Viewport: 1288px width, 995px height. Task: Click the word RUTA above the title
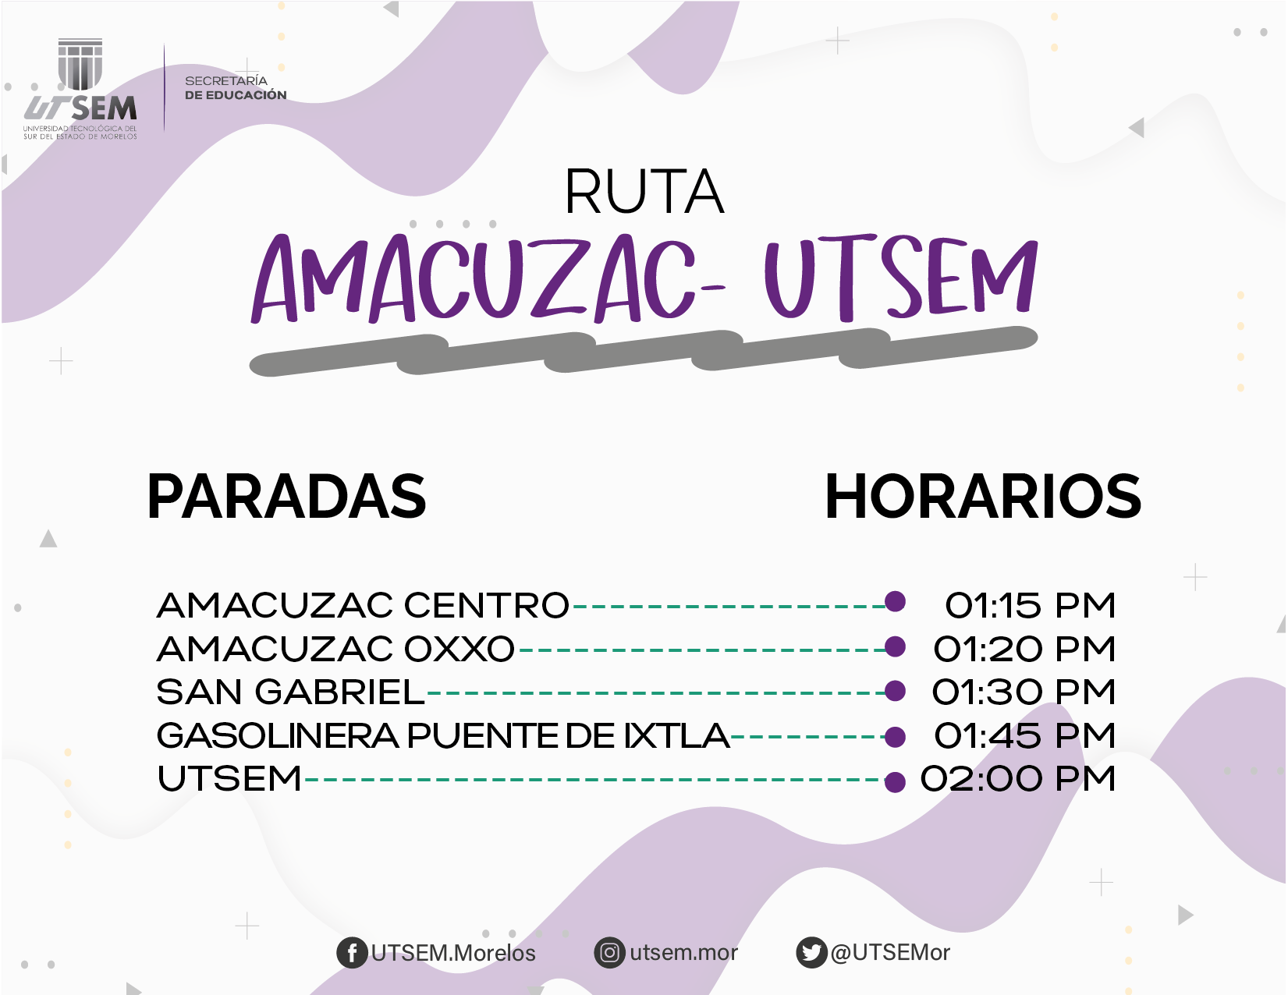[x=644, y=191]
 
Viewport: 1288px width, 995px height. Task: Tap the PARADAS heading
[x=286, y=496]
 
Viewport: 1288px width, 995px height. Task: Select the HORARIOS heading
[x=983, y=496]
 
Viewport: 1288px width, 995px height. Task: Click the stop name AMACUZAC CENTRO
[x=363, y=605]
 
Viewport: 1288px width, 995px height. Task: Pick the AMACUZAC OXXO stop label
[x=335, y=649]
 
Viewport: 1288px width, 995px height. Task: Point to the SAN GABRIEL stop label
[x=290, y=692]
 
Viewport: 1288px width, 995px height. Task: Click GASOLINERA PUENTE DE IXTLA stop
[x=443, y=735]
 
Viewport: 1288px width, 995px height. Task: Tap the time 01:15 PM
[x=1030, y=605]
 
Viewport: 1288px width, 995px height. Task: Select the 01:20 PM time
[x=1024, y=649]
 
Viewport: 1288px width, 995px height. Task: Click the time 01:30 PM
[x=1024, y=692]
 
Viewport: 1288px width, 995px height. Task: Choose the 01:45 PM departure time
[x=1025, y=735]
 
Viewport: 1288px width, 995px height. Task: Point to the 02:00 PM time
[x=1018, y=778]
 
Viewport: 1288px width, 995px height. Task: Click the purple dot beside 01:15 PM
[x=895, y=601]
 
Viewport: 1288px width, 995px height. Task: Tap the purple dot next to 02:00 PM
[x=895, y=782]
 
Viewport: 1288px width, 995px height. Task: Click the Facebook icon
[x=352, y=953]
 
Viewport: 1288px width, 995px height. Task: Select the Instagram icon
[x=609, y=953]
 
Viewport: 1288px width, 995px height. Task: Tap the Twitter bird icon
[x=811, y=953]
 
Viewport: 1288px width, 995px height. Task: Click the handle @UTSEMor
[x=889, y=952]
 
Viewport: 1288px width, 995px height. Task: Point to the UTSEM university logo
[x=80, y=89]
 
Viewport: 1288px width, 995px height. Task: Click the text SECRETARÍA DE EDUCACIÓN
[x=236, y=87]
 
